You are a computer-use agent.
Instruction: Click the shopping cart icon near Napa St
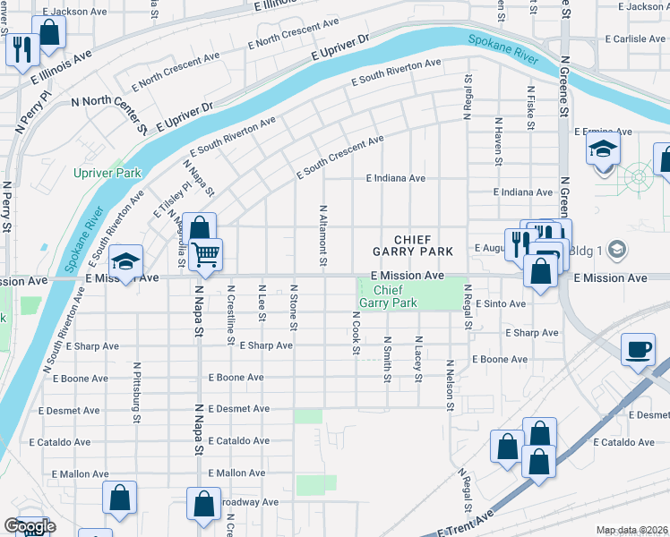click(206, 255)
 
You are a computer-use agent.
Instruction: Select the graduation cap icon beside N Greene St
click(604, 149)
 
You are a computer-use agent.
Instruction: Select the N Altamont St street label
click(323, 234)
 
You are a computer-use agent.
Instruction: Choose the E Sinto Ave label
click(501, 304)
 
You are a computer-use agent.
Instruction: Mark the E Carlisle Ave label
click(635, 39)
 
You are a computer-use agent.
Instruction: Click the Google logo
click(30, 526)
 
